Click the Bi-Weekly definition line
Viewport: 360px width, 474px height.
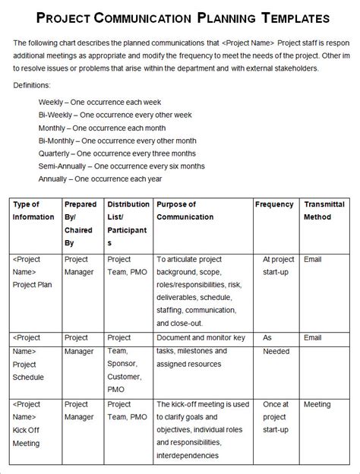114,115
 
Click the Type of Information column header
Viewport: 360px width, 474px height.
33,210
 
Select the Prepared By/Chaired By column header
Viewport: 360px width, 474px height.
81,223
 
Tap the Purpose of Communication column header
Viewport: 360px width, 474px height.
177,210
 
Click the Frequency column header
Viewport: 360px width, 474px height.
274,204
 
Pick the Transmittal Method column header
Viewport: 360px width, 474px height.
324,210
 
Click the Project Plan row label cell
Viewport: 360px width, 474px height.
33,272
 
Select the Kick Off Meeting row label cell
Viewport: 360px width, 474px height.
33,424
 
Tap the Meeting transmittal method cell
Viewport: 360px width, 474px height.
317,404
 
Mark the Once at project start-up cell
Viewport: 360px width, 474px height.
276,417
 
